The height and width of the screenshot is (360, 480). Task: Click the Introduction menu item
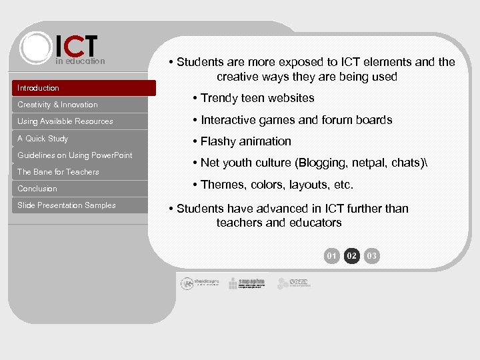tap(39, 88)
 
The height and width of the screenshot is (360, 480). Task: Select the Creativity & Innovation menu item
tap(57, 105)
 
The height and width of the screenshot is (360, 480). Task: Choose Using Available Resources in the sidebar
tap(65, 121)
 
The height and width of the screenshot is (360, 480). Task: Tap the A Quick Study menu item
tap(43, 139)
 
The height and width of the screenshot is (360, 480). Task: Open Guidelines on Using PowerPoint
tap(75, 155)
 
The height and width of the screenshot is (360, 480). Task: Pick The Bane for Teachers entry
tap(58, 172)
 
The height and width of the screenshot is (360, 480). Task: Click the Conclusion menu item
tap(37, 189)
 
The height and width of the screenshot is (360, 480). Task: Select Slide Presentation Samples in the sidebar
tap(67, 205)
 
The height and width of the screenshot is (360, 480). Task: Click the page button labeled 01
tap(332, 256)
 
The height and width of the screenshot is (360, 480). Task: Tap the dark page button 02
tap(352, 256)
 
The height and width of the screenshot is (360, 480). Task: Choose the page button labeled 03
tap(372, 256)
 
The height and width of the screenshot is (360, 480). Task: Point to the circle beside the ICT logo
tap(35, 47)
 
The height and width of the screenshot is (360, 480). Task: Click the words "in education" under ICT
tap(80, 61)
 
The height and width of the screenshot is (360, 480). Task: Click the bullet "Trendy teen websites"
tap(257, 98)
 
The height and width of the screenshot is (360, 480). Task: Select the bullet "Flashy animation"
tap(245, 141)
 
